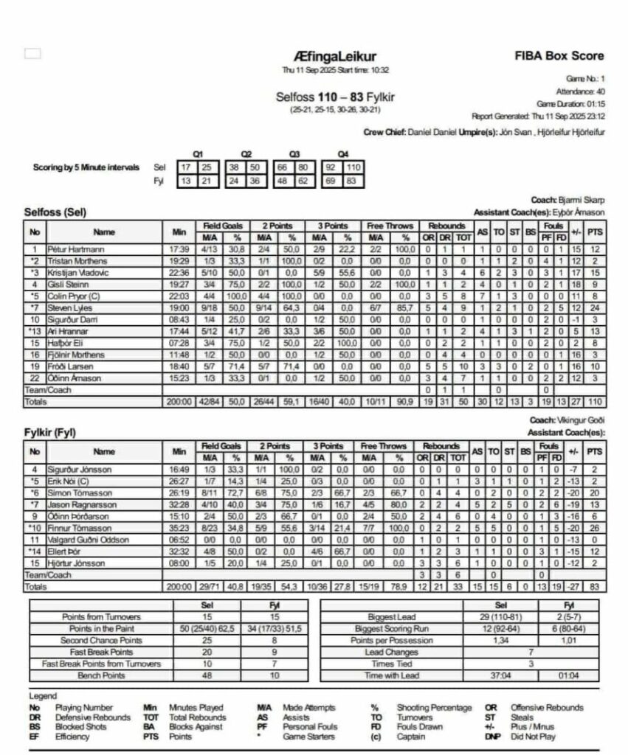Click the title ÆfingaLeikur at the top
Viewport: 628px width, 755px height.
[x=334, y=57]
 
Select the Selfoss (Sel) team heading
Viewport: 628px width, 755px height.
[x=55, y=212]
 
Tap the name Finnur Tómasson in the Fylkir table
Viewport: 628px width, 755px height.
[x=75, y=528]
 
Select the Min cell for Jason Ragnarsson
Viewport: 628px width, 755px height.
[x=179, y=505]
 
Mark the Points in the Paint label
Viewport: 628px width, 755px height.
[x=100, y=629]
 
